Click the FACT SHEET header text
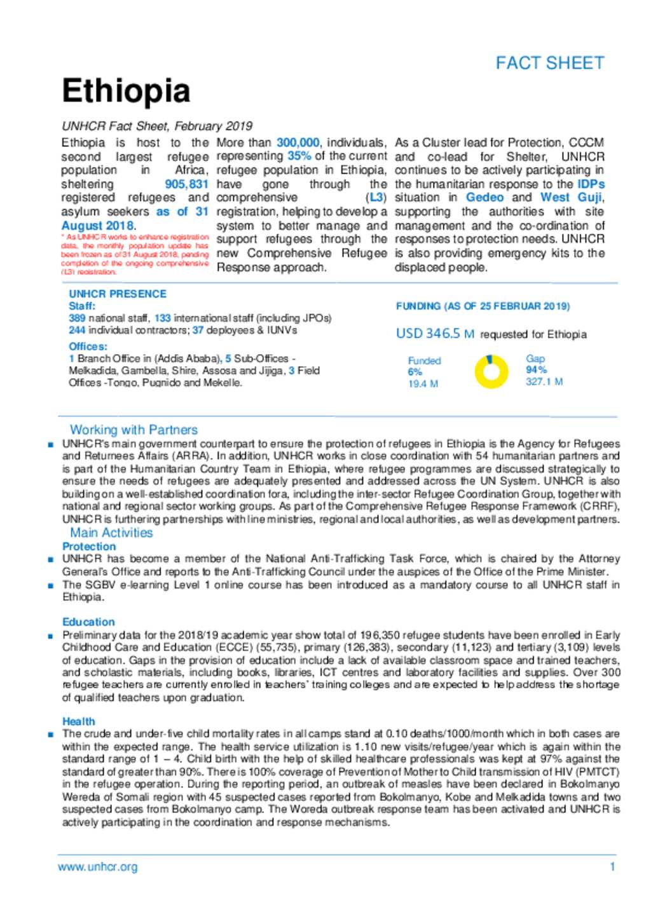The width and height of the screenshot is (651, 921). click(549, 63)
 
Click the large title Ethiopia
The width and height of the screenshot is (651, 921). click(126, 91)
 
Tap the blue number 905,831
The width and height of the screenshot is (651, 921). click(186, 184)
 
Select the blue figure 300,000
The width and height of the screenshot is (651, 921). click(298, 142)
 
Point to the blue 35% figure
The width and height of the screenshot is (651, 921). click(299, 156)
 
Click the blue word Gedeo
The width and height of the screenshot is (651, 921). click(484, 198)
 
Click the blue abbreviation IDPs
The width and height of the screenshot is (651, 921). click(591, 184)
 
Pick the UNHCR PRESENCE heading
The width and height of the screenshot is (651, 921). click(118, 294)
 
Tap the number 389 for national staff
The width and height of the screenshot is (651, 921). click(77, 318)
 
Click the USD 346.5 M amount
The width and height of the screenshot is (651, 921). click(435, 334)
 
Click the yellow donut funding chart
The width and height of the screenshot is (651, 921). click(492, 372)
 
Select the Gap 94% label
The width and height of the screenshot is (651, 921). click(536, 364)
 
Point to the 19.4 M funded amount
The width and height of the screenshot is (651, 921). click(423, 384)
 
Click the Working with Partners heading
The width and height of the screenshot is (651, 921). click(134, 430)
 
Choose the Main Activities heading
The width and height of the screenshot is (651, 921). click(111, 533)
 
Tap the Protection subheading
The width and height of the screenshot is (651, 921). click(89, 547)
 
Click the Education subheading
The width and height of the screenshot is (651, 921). click(88, 622)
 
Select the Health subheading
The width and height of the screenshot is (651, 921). click(78, 721)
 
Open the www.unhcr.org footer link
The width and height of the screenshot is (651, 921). click(97, 867)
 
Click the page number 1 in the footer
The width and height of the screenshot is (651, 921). click(612, 867)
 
